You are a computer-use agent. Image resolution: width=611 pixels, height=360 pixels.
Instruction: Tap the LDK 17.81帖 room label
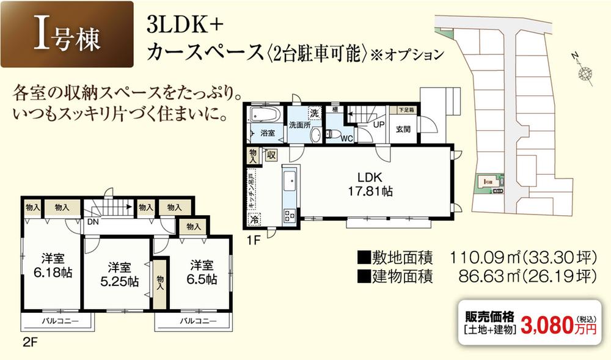(x=370, y=184)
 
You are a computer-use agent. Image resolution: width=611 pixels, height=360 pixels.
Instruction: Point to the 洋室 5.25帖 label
(x=120, y=274)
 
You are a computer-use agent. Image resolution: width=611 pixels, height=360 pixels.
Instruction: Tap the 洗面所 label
(x=300, y=125)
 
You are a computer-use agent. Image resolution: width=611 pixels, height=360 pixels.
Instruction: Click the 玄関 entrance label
(x=403, y=129)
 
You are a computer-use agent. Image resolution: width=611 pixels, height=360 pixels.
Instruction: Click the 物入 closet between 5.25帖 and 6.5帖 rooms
(x=160, y=282)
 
